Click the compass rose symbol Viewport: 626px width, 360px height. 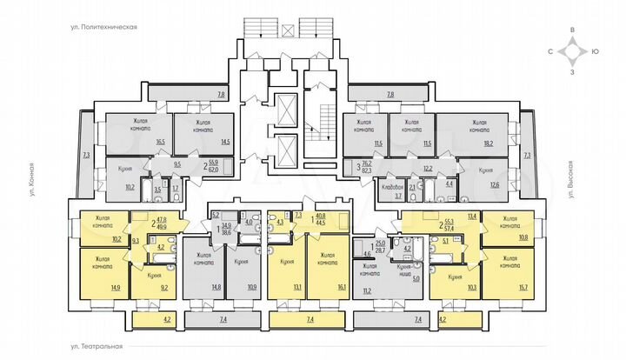[572, 51]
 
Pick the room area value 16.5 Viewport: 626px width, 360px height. [160, 141]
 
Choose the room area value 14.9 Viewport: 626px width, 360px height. [93, 283]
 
